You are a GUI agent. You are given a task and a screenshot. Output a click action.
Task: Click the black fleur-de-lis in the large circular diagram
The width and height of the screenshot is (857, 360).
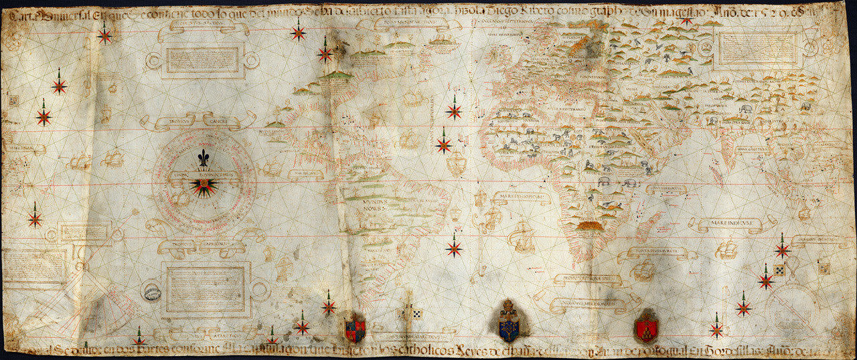point(204,159)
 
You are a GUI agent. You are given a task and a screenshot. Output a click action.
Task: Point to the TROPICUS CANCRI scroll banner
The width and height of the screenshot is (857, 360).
point(198,121)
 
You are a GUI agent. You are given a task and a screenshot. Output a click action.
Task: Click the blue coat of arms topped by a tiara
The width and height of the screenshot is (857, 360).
point(510,322)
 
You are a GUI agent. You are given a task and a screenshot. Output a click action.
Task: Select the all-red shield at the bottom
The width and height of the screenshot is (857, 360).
point(646,328)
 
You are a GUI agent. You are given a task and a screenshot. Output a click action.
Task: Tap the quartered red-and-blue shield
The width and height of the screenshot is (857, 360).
point(354,329)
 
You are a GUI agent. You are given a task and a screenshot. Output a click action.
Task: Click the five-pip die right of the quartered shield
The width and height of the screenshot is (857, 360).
point(415,312)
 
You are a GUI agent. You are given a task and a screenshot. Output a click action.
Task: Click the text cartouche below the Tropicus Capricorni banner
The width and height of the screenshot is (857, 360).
point(205,289)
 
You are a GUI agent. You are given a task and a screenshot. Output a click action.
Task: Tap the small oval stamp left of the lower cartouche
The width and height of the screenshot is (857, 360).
point(151,292)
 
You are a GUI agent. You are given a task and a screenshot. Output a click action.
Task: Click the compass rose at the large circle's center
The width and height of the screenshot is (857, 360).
point(204,185)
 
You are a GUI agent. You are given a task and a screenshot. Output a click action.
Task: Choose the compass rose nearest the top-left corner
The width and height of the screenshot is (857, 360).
point(104,33)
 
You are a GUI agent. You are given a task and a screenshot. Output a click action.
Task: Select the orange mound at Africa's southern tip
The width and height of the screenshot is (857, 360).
point(591,228)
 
